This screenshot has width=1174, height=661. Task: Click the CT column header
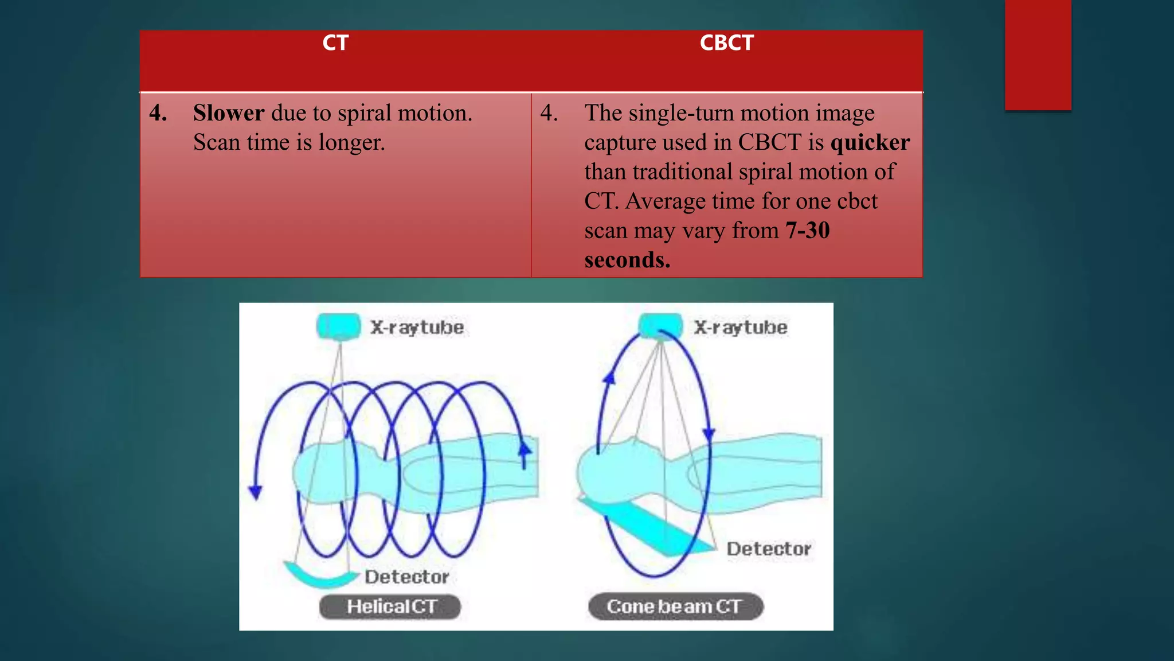pyautogui.click(x=335, y=43)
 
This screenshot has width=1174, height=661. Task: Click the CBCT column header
pyautogui.click(x=726, y=43)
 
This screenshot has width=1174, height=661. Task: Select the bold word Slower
pyautogui.click(x=228, y=113)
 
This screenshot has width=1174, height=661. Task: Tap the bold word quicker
pyautogui.click(x=870, y=142)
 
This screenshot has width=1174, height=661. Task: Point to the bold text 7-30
pyautogui.click(x=807, y=231)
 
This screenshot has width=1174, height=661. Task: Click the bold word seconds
pyautogui.click(x=627, y=260)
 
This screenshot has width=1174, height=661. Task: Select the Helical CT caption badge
pyautogui.click(x=390, y=606)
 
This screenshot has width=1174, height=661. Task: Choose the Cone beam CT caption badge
pyautogui.click(x=675, y=606)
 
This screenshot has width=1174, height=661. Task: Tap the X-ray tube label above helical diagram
pyautogui.click(x=417, y=328)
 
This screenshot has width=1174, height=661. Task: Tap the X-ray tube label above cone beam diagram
pyautogui.click(x=741, y=328)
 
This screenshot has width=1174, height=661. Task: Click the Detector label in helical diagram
pyautogui.click(x=406, y=577)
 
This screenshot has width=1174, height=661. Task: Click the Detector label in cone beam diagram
pyautogui.click(x=769, y=549)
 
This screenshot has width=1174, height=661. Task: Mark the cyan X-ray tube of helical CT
pyautogui.click(x=338, y=326)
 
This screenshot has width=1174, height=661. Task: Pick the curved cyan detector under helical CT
pyautogui.click(x=320, y=576)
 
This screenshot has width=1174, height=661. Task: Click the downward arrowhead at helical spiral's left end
pyautogui.click(x=256, y=492)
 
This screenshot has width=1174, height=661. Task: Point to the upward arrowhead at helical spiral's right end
pyautogui.click(x=525, y=450)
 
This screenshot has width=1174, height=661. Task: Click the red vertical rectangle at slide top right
pyautogui.click(x=1038, y=55)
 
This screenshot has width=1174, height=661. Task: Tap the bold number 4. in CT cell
pyautogui.click(x=158, y=113)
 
